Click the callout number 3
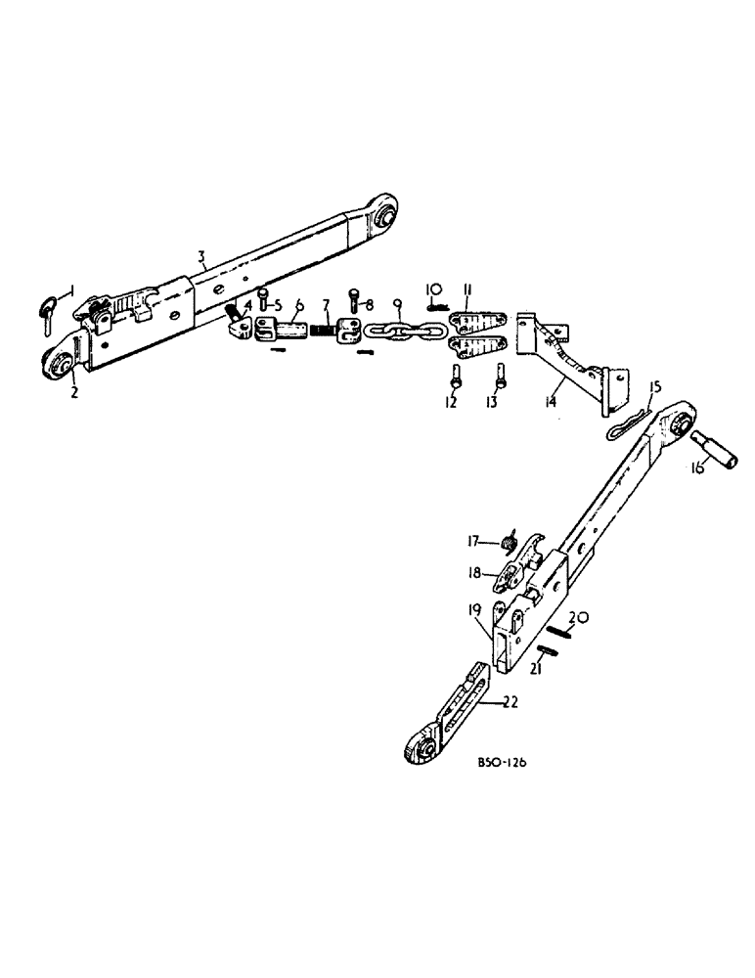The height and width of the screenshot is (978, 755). [x=200, y=257]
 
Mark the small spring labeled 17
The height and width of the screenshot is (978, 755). [x=509, y=542]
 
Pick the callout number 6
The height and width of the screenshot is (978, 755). [x=299, y=305]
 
